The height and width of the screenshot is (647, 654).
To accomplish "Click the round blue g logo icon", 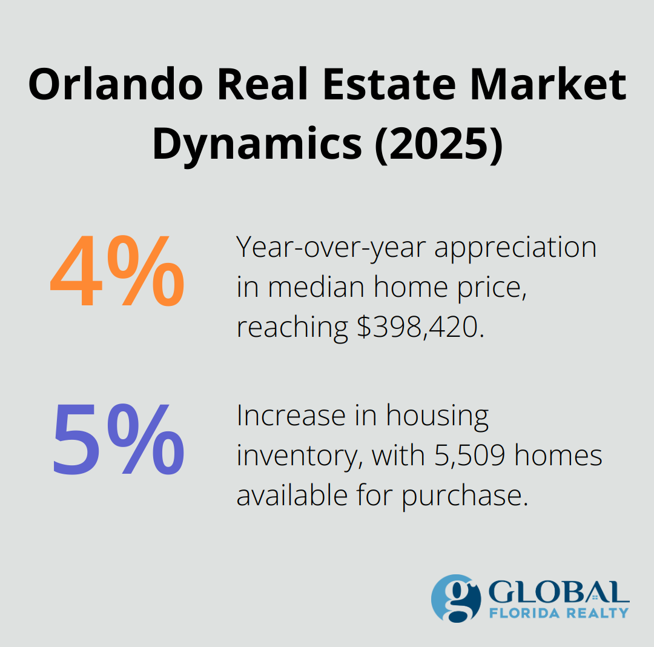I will (456, 598).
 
